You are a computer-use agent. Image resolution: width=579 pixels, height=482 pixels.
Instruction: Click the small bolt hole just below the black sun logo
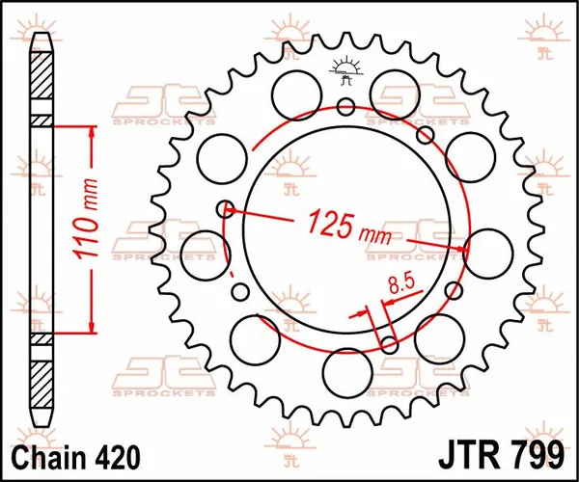tap(345, 106)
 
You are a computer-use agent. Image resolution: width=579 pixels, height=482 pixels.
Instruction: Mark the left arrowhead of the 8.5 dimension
tap(366, 312)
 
